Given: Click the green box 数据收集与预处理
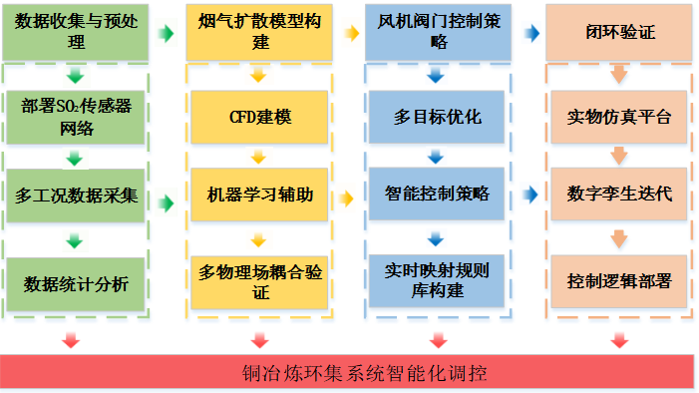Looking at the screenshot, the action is click(76, 32).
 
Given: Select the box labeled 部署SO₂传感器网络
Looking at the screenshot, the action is click(76, 117).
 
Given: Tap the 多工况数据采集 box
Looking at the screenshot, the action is click(76, 195).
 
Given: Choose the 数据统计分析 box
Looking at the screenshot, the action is click(76, 283).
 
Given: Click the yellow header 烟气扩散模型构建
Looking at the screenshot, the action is click(259, 32).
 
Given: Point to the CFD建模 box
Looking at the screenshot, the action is click(259, 117).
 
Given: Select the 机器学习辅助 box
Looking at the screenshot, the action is click(259, 195).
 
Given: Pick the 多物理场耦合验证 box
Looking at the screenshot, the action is click(259, 282).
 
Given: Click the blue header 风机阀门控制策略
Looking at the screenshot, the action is click(438, 32).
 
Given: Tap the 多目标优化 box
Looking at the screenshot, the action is click(437, 117).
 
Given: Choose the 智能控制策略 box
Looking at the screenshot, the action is click(437, 194).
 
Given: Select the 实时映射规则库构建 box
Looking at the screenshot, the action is click(437, 281).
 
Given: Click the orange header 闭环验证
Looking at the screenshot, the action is click(619, 32).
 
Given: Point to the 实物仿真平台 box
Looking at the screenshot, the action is click(619, 117).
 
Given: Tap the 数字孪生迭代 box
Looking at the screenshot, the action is click(619, 194).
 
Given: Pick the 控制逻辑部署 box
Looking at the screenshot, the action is click(619, 281).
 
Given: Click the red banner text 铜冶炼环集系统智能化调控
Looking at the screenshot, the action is click(364, 373).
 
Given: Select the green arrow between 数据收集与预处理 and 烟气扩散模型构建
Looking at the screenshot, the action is click(167, 33).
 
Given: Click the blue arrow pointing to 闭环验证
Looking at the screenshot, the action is click(531, 33).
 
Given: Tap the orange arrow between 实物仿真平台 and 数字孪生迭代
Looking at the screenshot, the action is click(619, 157).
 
